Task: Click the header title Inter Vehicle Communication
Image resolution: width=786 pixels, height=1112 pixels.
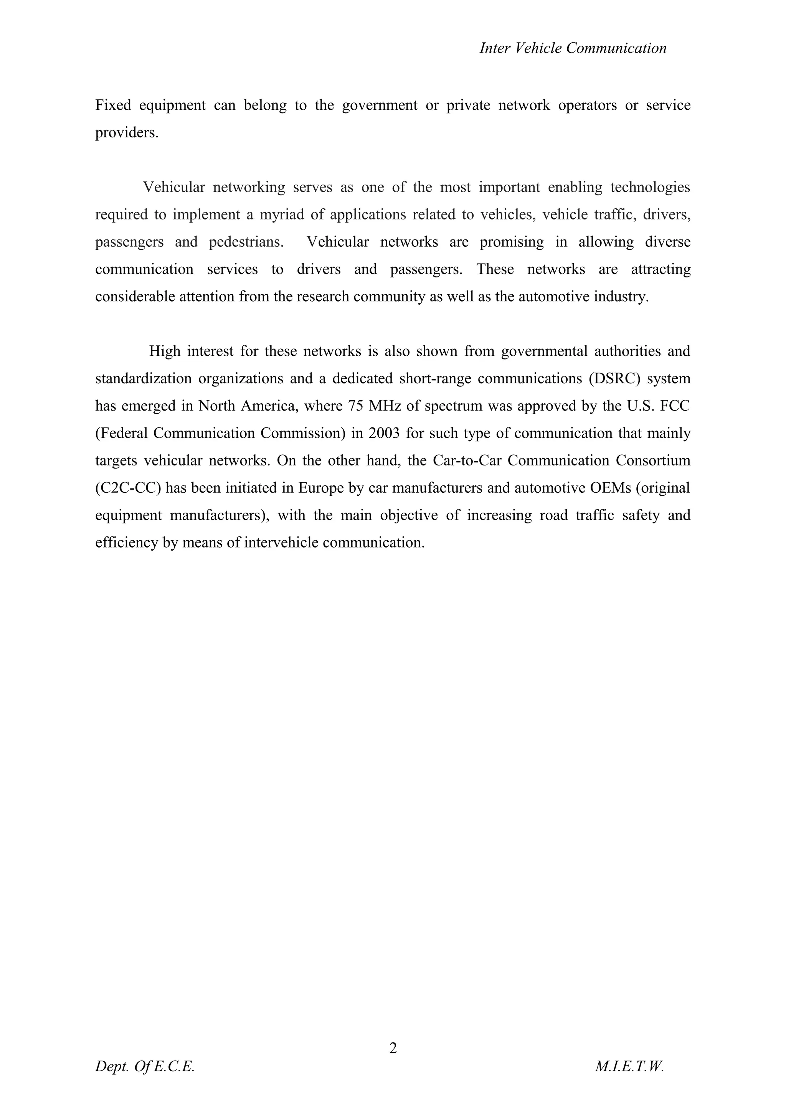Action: click(x=573, y=48)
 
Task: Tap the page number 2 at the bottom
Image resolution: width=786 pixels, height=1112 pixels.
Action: click(x=393, y=1048)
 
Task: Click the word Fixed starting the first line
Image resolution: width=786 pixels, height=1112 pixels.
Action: click(x=113, y=105)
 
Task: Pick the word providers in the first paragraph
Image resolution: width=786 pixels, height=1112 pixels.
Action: click(x=126, y=133)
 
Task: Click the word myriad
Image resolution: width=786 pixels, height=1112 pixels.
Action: click(x=282, y=214)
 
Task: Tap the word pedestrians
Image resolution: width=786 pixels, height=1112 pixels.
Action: click(x=246, y=242)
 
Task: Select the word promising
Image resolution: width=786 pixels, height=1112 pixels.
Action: click(x=512, y=242)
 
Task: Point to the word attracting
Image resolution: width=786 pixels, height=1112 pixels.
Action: click(x=661, y=269)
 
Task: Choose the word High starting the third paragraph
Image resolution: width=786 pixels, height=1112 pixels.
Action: click(x=165, y=351)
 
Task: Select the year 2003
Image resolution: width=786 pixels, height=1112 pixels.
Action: click(x=384, y=433)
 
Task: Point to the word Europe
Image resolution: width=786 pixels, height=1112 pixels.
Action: click(x=320, y=488)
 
